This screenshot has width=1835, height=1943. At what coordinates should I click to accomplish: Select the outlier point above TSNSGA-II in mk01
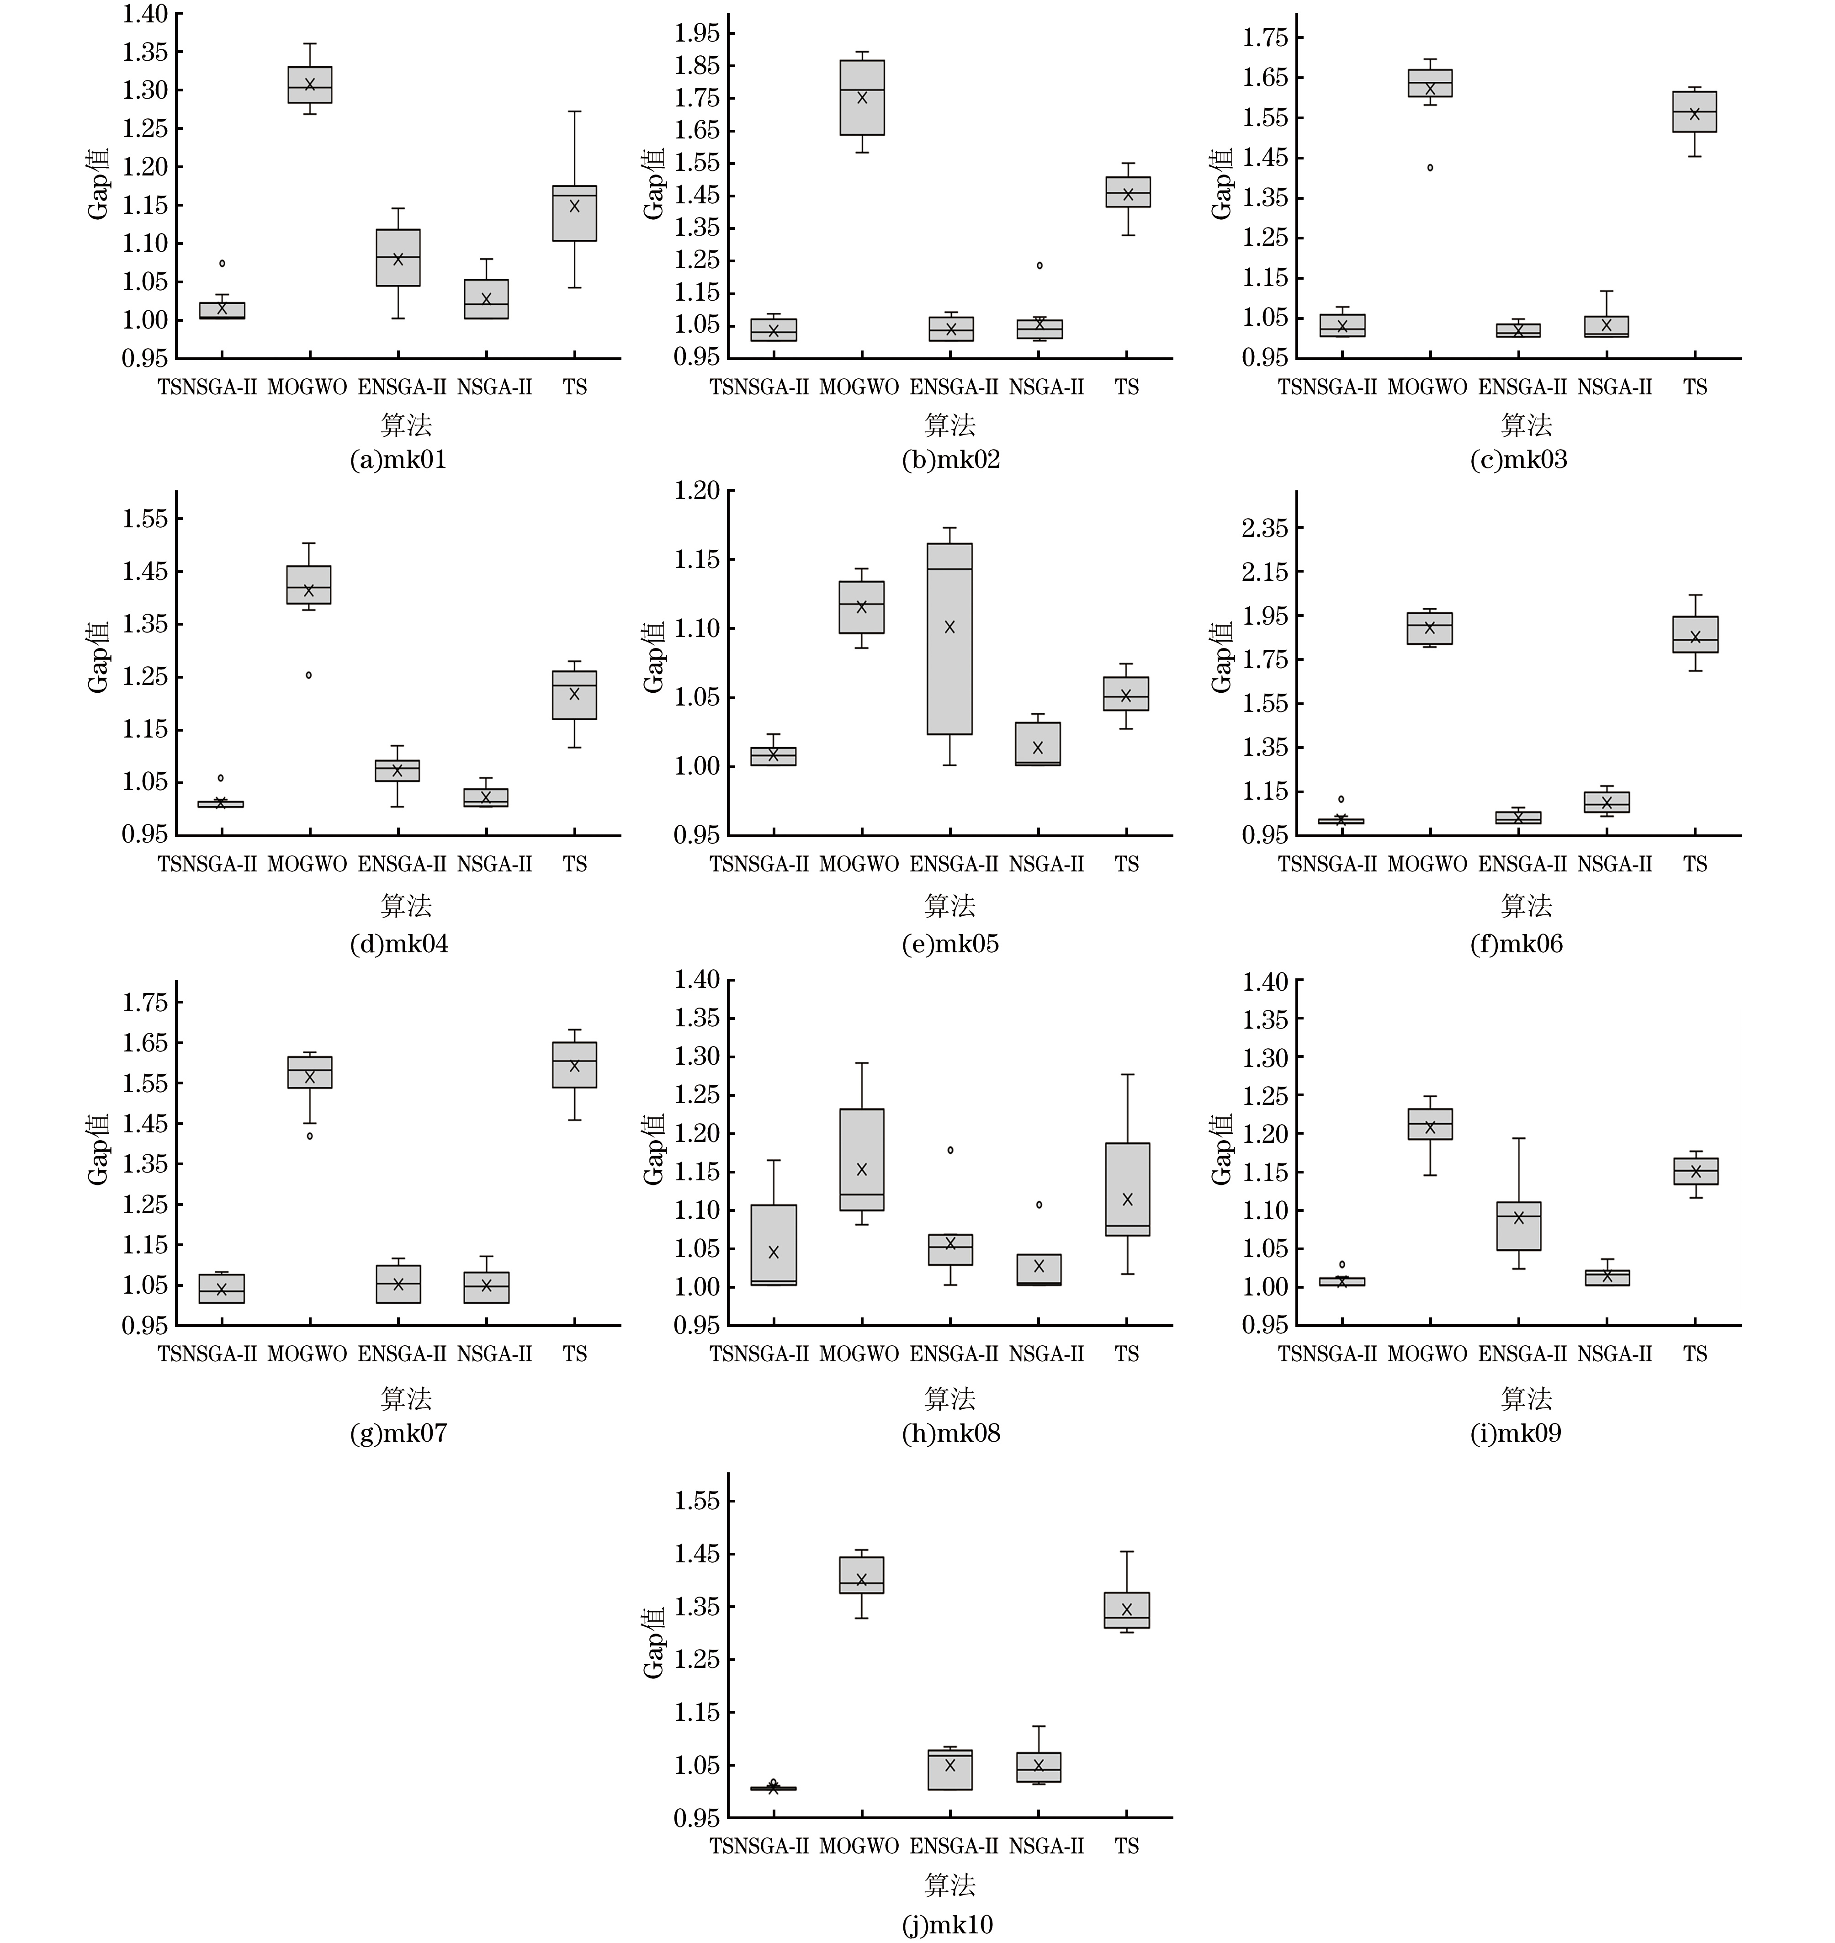click(x=222, y=263)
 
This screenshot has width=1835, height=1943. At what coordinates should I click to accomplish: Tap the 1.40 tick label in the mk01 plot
click(x=145, y=14)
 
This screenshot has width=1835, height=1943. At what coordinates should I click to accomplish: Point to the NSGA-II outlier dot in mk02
click(x=1040, y=265)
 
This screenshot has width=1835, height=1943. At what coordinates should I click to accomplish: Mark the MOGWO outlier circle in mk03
click(x=1430, y=167)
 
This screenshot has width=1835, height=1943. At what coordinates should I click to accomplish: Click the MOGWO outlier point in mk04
click(x=309, y=675)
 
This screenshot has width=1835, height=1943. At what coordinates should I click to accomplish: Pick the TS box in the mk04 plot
click(x=574, y=695)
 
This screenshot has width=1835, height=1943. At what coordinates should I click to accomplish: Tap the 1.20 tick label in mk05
click(x=696, y=491)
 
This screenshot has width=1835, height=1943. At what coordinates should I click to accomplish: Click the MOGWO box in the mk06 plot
click(x=1430, y=628)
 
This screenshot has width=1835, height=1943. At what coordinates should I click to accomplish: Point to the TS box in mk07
click(x=574, y=1064)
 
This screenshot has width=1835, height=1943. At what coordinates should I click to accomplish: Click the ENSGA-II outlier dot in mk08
click(x=950, y=1151)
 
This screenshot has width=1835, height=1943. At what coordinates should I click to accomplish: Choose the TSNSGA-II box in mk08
click(x=774, y=1244)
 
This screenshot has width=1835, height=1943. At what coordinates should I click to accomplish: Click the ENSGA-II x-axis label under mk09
click(x=1522, y=1354)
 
